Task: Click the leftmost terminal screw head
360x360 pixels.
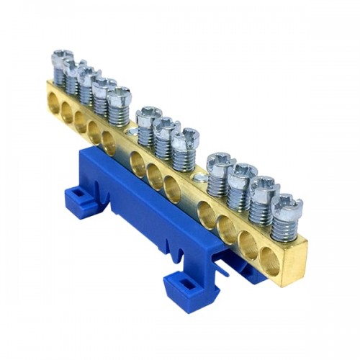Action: coord(62,57)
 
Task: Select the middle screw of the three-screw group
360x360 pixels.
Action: coord(166,126)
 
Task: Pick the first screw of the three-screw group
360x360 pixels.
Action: coord(148,115)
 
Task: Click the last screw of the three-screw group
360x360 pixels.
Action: coord(185,138)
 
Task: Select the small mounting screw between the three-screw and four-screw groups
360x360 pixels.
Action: coord(202,176)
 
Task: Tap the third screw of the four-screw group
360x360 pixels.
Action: coord(264,189)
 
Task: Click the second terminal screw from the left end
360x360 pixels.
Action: coord(74,67)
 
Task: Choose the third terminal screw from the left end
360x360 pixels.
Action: coord(89,76)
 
